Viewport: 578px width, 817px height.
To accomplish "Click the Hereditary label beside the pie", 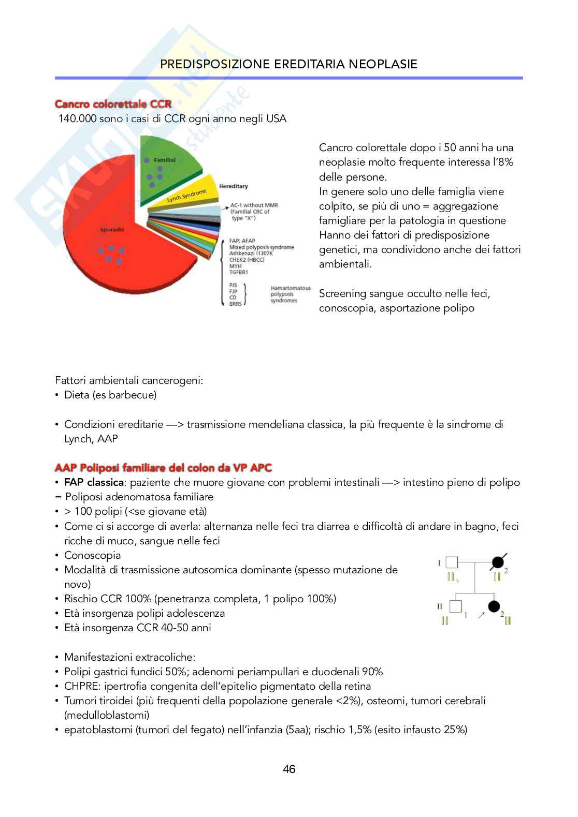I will (x=233, y=186).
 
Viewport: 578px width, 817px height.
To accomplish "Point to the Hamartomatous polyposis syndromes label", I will (x=290, y=294).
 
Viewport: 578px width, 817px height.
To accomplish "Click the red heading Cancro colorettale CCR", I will (x=113, y=104).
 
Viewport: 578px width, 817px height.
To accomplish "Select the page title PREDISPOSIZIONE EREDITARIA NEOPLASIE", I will (x=288, y=64).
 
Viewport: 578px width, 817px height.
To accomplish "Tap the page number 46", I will (x=289, y=769).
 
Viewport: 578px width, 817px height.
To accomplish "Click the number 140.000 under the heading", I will (x=77, y=119).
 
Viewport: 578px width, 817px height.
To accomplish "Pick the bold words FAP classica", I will (x=94, y=483).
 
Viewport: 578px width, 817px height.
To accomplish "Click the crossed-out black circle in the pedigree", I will (x=498, y=562).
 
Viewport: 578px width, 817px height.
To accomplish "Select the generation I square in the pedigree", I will (x=452, y=562).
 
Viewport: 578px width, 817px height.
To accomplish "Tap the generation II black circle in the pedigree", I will (x=494, y=606).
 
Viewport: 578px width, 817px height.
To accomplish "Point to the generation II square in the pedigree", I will (x=455, y=606).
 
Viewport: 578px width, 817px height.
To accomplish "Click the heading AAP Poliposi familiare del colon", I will (x=163, y=468).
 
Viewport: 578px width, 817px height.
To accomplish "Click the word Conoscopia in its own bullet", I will (x=92, y=556).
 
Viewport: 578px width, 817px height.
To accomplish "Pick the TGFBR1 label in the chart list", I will (x=238, y=272).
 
